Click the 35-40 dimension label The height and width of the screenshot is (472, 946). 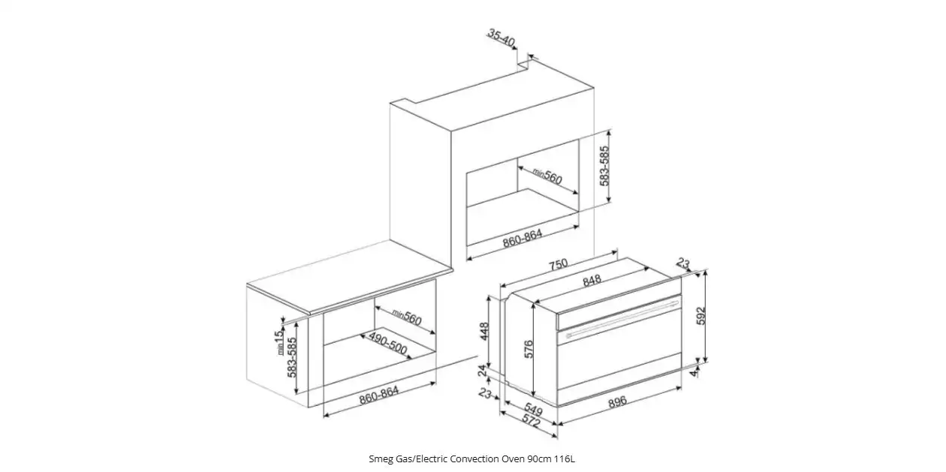(502, 38)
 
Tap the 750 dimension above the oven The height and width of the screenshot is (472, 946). (558, 264)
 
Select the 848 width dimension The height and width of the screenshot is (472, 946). (592, 281)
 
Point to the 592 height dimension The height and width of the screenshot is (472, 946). (700, 316)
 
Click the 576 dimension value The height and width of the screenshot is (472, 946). (529, 349)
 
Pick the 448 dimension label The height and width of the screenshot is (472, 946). (484, 332)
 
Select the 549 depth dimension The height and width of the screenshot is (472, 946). (533, 409)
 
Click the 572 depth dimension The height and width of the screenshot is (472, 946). (532, 420)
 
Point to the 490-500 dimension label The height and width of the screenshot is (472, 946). (387, 343)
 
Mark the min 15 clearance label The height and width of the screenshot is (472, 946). (279, 342)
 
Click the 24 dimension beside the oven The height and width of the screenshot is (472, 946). (482, 371)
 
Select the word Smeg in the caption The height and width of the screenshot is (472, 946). (379, 459)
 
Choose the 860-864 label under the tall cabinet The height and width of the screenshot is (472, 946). (523, 238)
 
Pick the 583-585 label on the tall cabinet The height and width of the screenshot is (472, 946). (604, 166)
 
